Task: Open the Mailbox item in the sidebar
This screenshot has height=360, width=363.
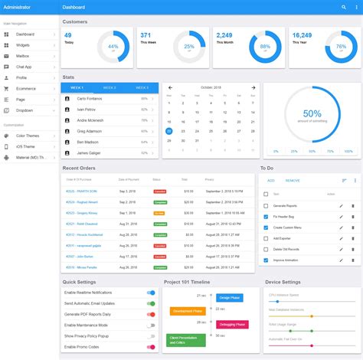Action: [x=23, y=56]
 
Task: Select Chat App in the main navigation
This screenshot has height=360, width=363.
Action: [x=25, y=67]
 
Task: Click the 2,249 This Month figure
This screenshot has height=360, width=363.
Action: [x=224, y=35]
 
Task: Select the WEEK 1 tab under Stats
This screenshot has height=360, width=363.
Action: [x=77, y=87]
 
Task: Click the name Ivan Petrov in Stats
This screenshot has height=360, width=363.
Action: [x=86, y=110]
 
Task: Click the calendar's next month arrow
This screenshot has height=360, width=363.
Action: [x=253, y=87]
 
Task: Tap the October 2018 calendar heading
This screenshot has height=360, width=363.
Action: [x=211, y=87]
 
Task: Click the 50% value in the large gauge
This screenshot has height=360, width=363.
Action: [x=312, y=113]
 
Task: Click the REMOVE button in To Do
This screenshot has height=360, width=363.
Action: [x=293, y=180]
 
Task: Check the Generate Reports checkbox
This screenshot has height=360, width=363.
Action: [x=266, y=206]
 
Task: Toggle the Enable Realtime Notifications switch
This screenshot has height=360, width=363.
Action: [x=150, y=293]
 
